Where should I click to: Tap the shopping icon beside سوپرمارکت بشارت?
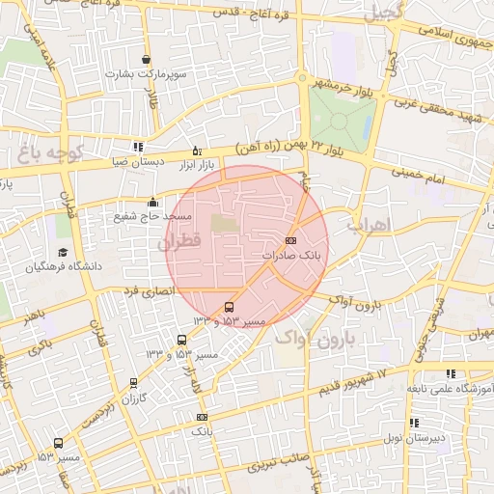(146, 60)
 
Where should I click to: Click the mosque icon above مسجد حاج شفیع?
(151, 203)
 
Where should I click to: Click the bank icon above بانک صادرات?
(291, 240)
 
